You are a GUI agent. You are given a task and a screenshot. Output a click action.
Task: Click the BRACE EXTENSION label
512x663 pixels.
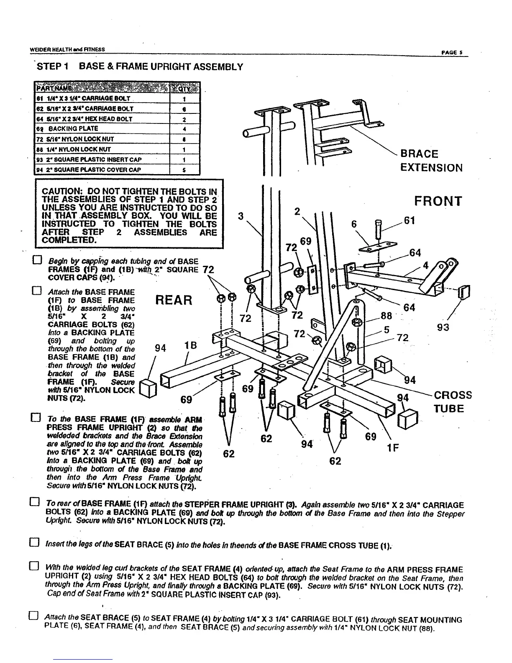(431, 161)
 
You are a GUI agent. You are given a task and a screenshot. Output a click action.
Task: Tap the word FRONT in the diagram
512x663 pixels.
(438, 201)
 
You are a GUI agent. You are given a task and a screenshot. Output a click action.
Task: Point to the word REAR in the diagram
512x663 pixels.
(174, 300)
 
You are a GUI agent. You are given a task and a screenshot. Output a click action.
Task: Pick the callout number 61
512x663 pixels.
(410, 221)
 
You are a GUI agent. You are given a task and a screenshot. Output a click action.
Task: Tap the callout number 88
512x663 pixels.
(386, 315)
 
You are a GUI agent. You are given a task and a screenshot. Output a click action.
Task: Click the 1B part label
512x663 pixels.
(190, 346)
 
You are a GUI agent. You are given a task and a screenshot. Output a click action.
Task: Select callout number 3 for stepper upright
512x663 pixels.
(241, 216)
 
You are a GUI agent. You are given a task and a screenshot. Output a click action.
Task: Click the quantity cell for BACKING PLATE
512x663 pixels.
(184, 129)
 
